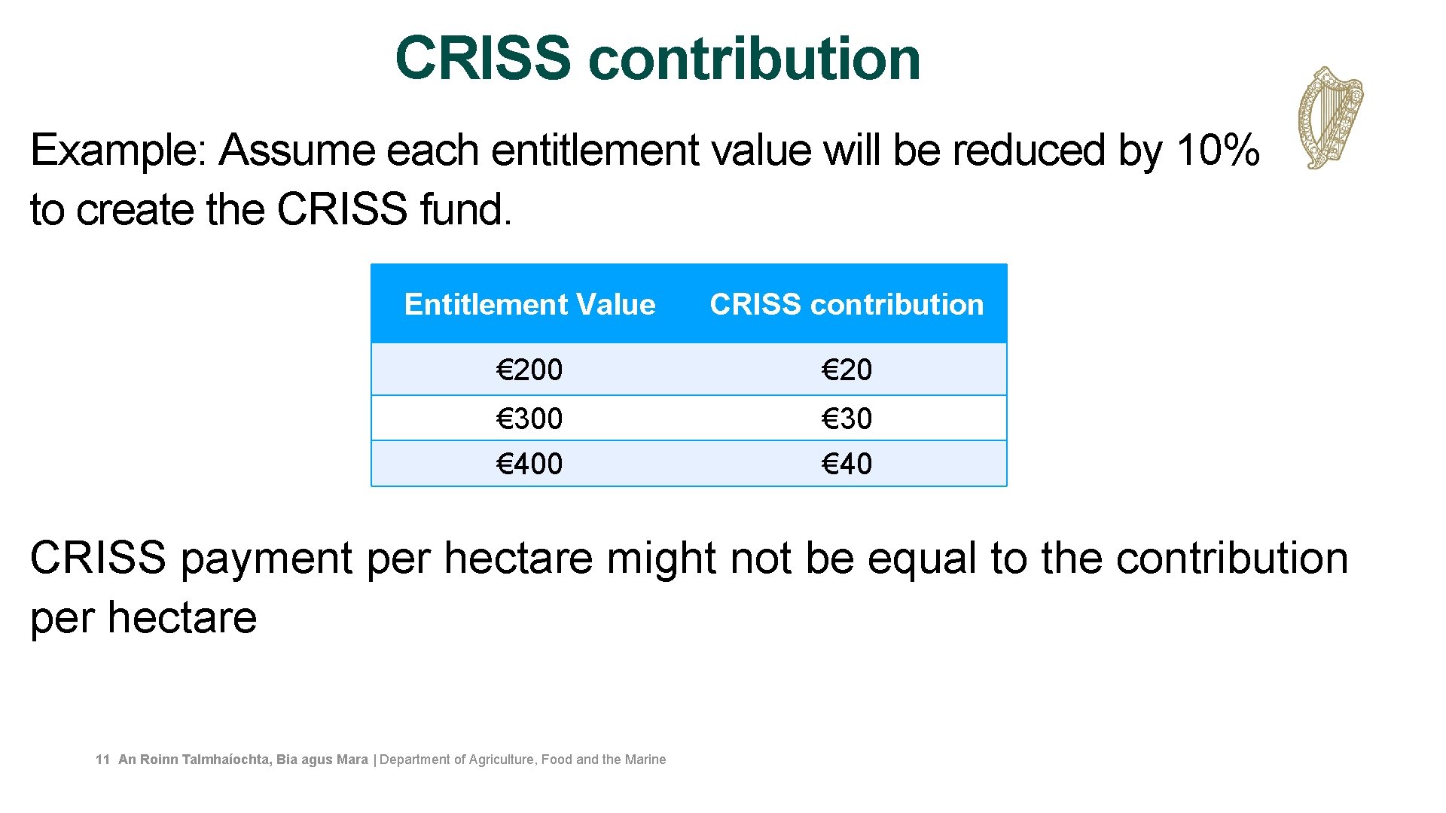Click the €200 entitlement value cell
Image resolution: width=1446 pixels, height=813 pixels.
529,370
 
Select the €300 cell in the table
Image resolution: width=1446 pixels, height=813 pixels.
529,419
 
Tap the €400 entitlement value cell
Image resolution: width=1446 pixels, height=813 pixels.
529,464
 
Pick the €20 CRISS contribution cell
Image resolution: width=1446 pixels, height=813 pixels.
847,370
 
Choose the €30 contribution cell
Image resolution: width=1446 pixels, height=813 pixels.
847,419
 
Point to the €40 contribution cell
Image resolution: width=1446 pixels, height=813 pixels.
847,464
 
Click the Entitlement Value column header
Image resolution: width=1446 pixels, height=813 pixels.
529,304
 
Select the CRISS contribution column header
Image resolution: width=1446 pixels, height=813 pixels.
847,304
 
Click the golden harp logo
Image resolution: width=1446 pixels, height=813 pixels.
1331,117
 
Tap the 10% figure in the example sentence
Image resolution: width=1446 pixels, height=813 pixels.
1217,150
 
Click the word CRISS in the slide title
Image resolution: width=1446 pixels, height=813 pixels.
483,58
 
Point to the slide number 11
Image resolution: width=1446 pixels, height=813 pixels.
102,760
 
